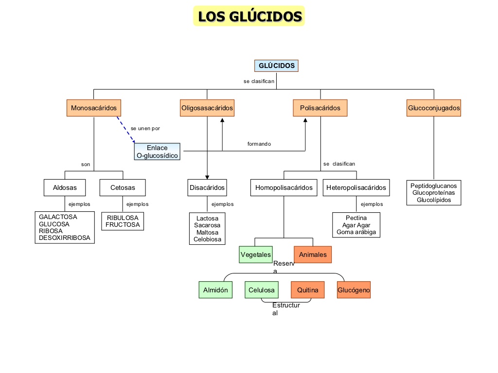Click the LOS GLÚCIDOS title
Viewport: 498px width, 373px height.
(249, 16)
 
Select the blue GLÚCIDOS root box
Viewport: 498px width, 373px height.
(276, 66)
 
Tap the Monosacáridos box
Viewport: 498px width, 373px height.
(94, 108)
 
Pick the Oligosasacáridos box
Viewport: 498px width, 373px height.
(207, 108)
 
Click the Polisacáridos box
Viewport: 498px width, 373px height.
(320, 108)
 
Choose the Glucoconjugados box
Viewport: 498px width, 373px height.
(434, 108)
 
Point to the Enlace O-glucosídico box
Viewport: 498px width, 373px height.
(157, 152)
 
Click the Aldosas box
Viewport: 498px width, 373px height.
(65, 187)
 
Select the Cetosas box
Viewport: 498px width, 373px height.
(123, 187)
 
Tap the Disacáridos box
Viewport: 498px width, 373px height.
(207, 187)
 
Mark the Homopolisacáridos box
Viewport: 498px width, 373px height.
(284, 187)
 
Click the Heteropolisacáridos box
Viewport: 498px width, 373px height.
(356, 187)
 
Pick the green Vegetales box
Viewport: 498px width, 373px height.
(256, 254)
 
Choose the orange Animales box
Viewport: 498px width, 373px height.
(313, 254)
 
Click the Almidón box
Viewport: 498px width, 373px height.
(215, 290)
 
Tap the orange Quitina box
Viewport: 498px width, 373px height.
(307, 290)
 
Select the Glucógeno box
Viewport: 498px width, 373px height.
(354, 290)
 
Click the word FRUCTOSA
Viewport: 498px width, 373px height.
(123, 225)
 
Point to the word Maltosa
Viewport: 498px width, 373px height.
(207, 233)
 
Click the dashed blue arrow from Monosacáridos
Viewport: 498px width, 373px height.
(125, 129)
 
